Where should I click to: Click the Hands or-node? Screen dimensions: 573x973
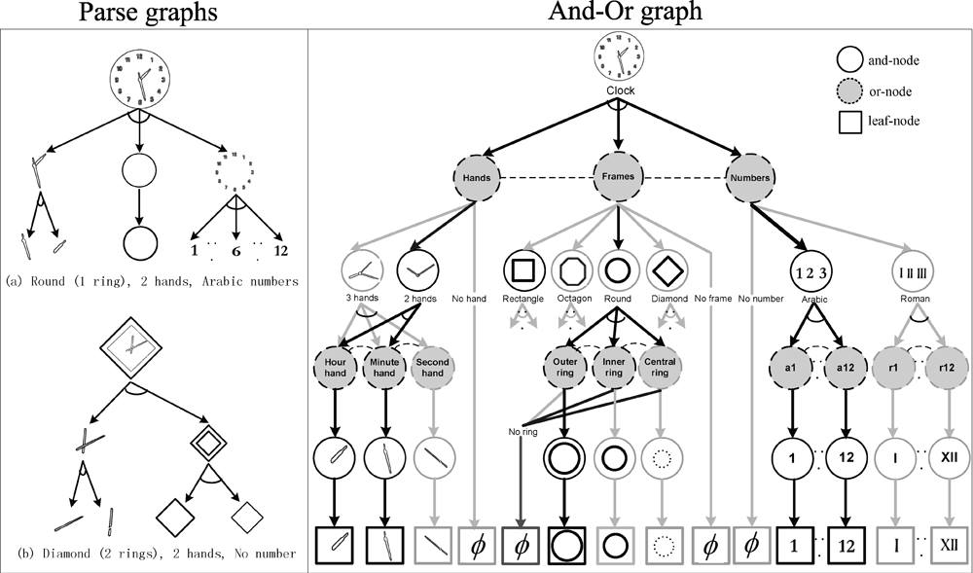[x=477, y=179]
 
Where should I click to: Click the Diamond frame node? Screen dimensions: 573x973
[x=669, y=269]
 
